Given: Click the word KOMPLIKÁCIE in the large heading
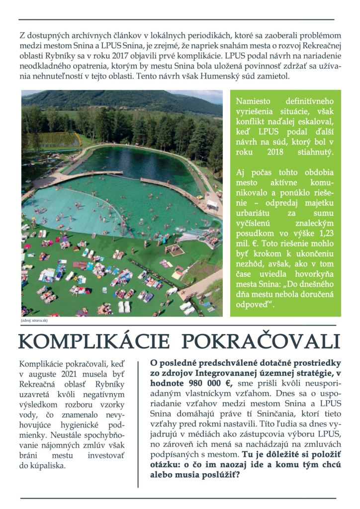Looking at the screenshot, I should [x=94, y=342].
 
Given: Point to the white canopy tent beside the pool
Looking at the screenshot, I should [x=212, y=204].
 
